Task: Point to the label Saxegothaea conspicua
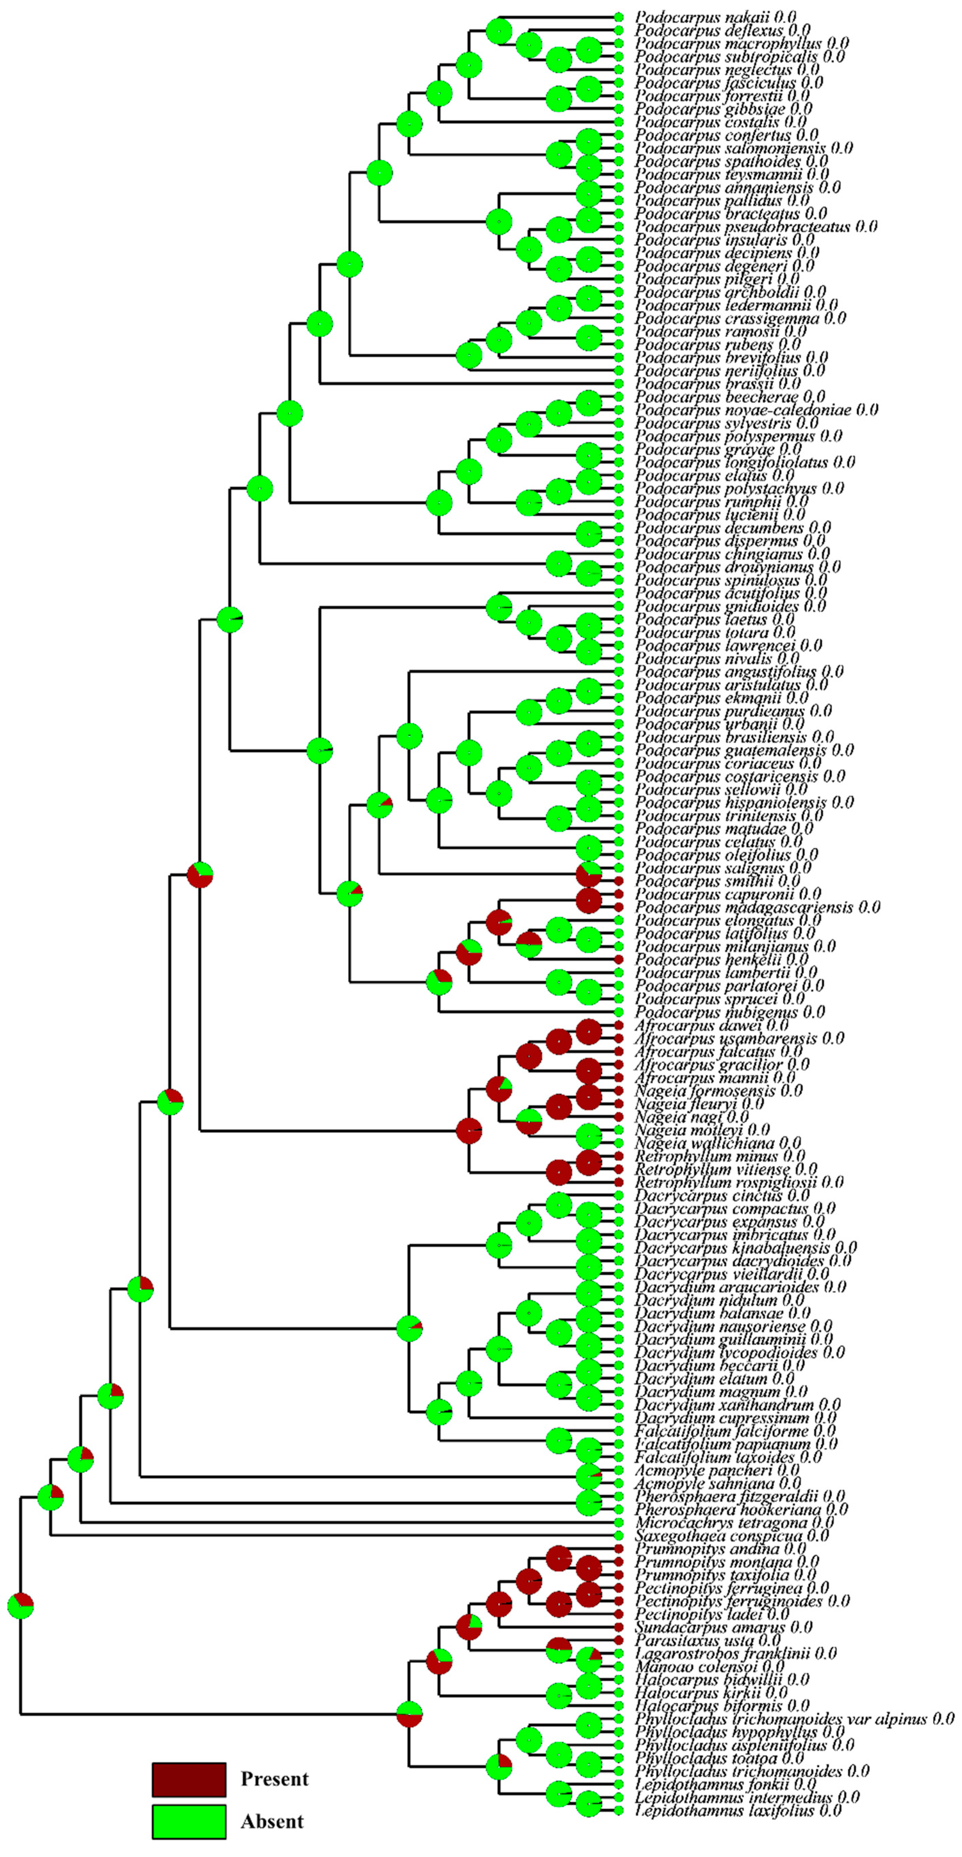[x=731, y=1536]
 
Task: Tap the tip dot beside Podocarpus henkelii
[x=618, y=959]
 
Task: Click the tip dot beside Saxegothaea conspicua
[x=618, y=1536]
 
